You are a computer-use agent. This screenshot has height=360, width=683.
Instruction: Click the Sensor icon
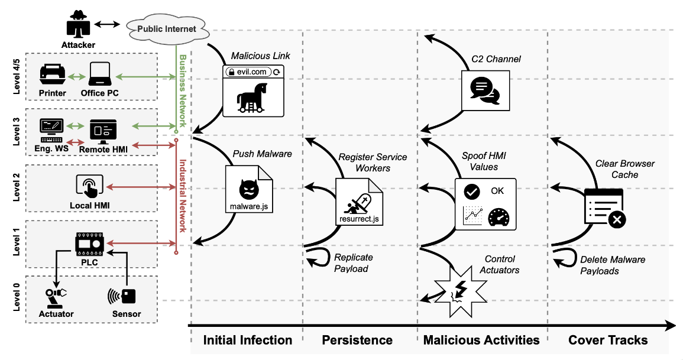(122, 296)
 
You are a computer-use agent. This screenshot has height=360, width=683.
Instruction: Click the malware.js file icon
(249, 188)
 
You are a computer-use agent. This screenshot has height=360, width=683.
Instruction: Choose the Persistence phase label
(357, 340)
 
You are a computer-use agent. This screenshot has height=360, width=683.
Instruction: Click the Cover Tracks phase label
(608, 340)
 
